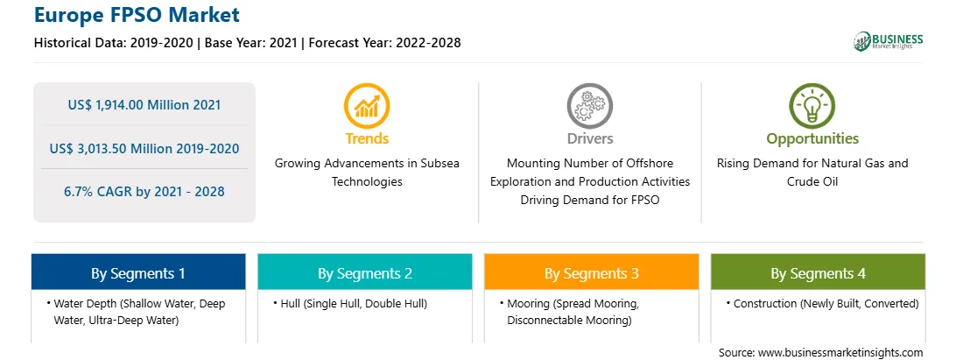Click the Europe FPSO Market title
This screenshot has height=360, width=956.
[x=137, y=15]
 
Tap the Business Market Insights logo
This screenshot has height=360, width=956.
[x=888, y=41]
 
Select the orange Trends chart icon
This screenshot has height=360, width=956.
[x=367, y=106]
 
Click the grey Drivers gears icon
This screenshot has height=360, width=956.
[x=589, y=106]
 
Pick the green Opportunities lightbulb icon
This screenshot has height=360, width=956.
[x=812, y=106]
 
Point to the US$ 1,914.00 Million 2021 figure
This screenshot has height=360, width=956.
[x=144, y=105]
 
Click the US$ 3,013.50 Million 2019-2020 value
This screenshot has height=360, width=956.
[x=144, y=148]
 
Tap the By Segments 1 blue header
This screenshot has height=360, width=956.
[x=138, y=272]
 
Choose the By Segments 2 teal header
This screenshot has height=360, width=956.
[x=364, y=272]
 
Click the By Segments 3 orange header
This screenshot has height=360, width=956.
[x=592, y=272]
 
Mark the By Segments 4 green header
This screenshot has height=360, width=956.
[x=819, y=272]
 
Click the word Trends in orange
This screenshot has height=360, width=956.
[x=367, y=138]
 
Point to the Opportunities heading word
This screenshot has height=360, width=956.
[x=812, y=138]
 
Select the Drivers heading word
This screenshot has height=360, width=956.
[x=589, y=138]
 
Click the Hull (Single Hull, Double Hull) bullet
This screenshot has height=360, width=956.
[x=350, y=303]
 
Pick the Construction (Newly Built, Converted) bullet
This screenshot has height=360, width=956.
[x=822, y=303]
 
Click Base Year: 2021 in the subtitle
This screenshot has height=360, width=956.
[x=251, y=43]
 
